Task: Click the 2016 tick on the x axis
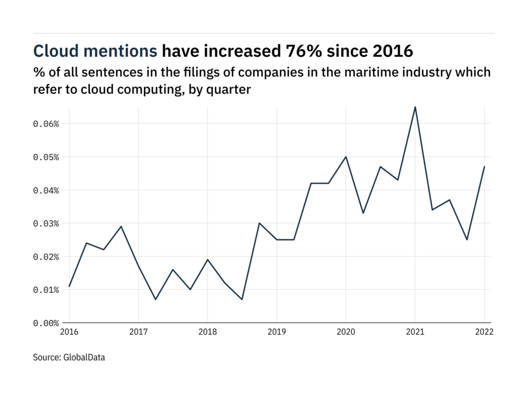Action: (x=69, y=333)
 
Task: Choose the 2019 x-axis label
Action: (x=276, y=333)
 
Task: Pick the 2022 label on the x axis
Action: (x=484, y=333)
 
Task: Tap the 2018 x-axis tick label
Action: (x=207, y=333)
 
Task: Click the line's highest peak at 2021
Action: (x=415, y=107)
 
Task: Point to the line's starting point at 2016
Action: (x=69, y=286)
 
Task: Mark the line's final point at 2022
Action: (x=484, y=167)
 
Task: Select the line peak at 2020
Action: (x=345, y=157)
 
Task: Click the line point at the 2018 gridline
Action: (x=207, y=259)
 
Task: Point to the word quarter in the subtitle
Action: (x=232, y=89)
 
